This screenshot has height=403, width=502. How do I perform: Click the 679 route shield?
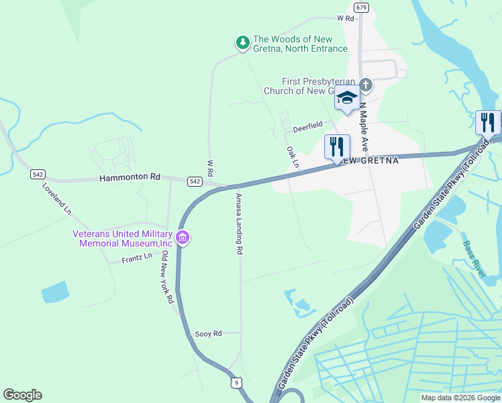[362, 7]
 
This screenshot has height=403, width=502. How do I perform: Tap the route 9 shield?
[236, 383]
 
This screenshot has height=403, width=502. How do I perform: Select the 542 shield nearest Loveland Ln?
[38, 175]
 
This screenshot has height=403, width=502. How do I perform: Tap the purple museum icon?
[183, 238]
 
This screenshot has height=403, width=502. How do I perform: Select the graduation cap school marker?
[347, 98]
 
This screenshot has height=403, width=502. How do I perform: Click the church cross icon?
[365, 85]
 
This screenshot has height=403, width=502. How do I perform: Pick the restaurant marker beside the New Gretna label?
[337, 146]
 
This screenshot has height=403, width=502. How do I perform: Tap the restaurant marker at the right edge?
[488, 122]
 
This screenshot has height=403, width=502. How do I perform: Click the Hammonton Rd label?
[130, 177]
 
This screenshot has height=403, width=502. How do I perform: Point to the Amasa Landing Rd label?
[239, 224]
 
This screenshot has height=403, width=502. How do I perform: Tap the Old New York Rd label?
[167, 277]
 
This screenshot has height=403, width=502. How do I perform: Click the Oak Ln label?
[292, 157]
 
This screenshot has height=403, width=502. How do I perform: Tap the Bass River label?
[474, 257]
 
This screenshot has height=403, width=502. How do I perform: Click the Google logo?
[22, 395]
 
